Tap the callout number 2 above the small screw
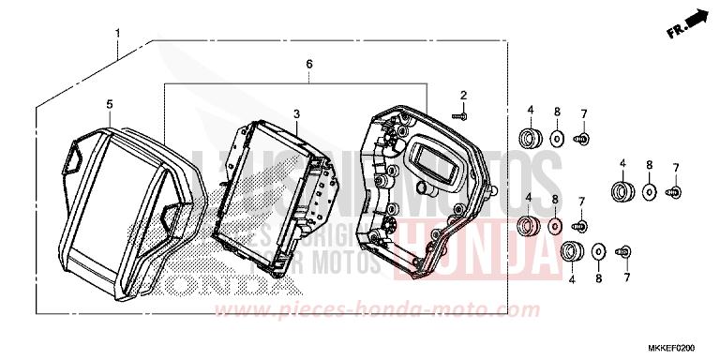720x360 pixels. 462,96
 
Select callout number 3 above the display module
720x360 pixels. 295,113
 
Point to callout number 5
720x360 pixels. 109,104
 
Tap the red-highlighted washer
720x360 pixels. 554,226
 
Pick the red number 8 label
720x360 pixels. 554,200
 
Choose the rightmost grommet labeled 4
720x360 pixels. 620,192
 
